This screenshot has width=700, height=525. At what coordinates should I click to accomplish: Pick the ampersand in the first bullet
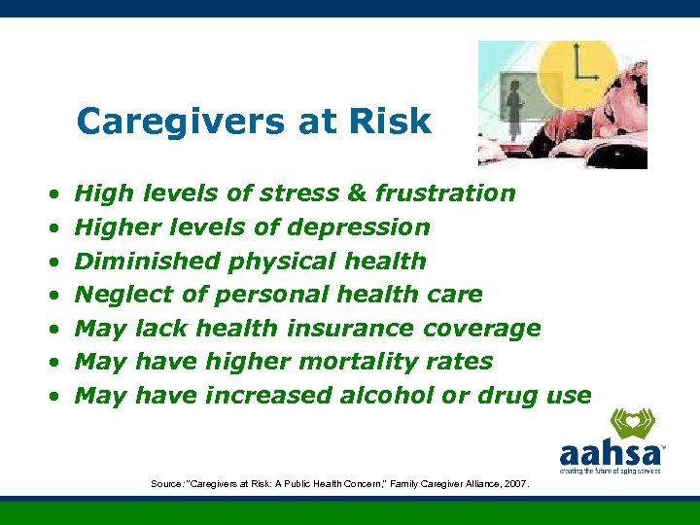(357, 193)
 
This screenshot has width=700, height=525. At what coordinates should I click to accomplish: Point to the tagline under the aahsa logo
(611, 471)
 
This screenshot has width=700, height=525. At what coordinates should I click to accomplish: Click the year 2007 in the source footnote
(514, 483)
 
